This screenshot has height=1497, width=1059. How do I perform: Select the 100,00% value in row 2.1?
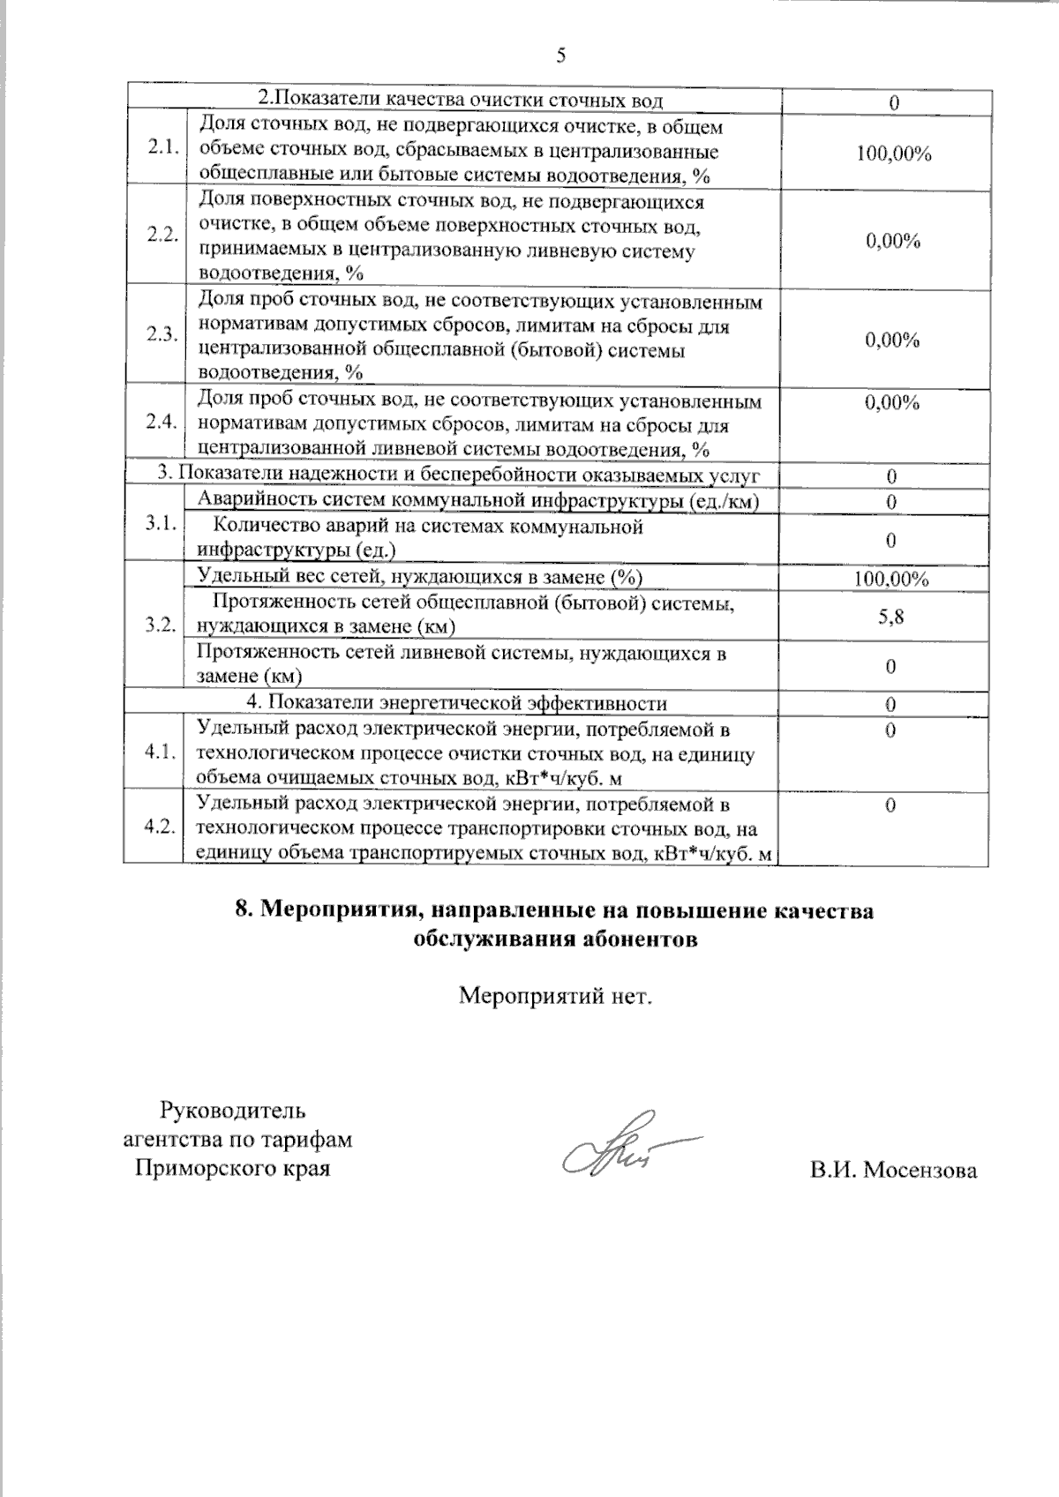(x=893, y=154)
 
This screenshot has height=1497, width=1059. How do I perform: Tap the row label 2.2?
(x=162, y=236)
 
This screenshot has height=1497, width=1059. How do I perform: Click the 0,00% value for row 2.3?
(x=892, y=341)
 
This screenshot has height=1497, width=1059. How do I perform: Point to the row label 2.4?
(x=162, y=422)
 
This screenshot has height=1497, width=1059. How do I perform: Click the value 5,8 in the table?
(x=890, y=617)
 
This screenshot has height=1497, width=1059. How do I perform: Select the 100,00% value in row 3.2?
(x=890, y=580)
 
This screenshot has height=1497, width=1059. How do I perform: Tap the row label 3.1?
(x=161, y=523)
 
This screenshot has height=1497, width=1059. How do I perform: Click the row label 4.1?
(x=161, y=752)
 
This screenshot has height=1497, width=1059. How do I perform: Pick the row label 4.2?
(x=161, y=827)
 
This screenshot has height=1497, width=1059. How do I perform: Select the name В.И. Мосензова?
(x=893, y=1171)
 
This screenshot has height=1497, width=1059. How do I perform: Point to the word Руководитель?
(x=232, y=1110)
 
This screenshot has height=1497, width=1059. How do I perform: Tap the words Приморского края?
(x=232, y=1169)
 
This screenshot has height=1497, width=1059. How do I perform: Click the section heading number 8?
(x=244, y=910)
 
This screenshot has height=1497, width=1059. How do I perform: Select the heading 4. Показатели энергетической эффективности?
(x=455, y=703)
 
